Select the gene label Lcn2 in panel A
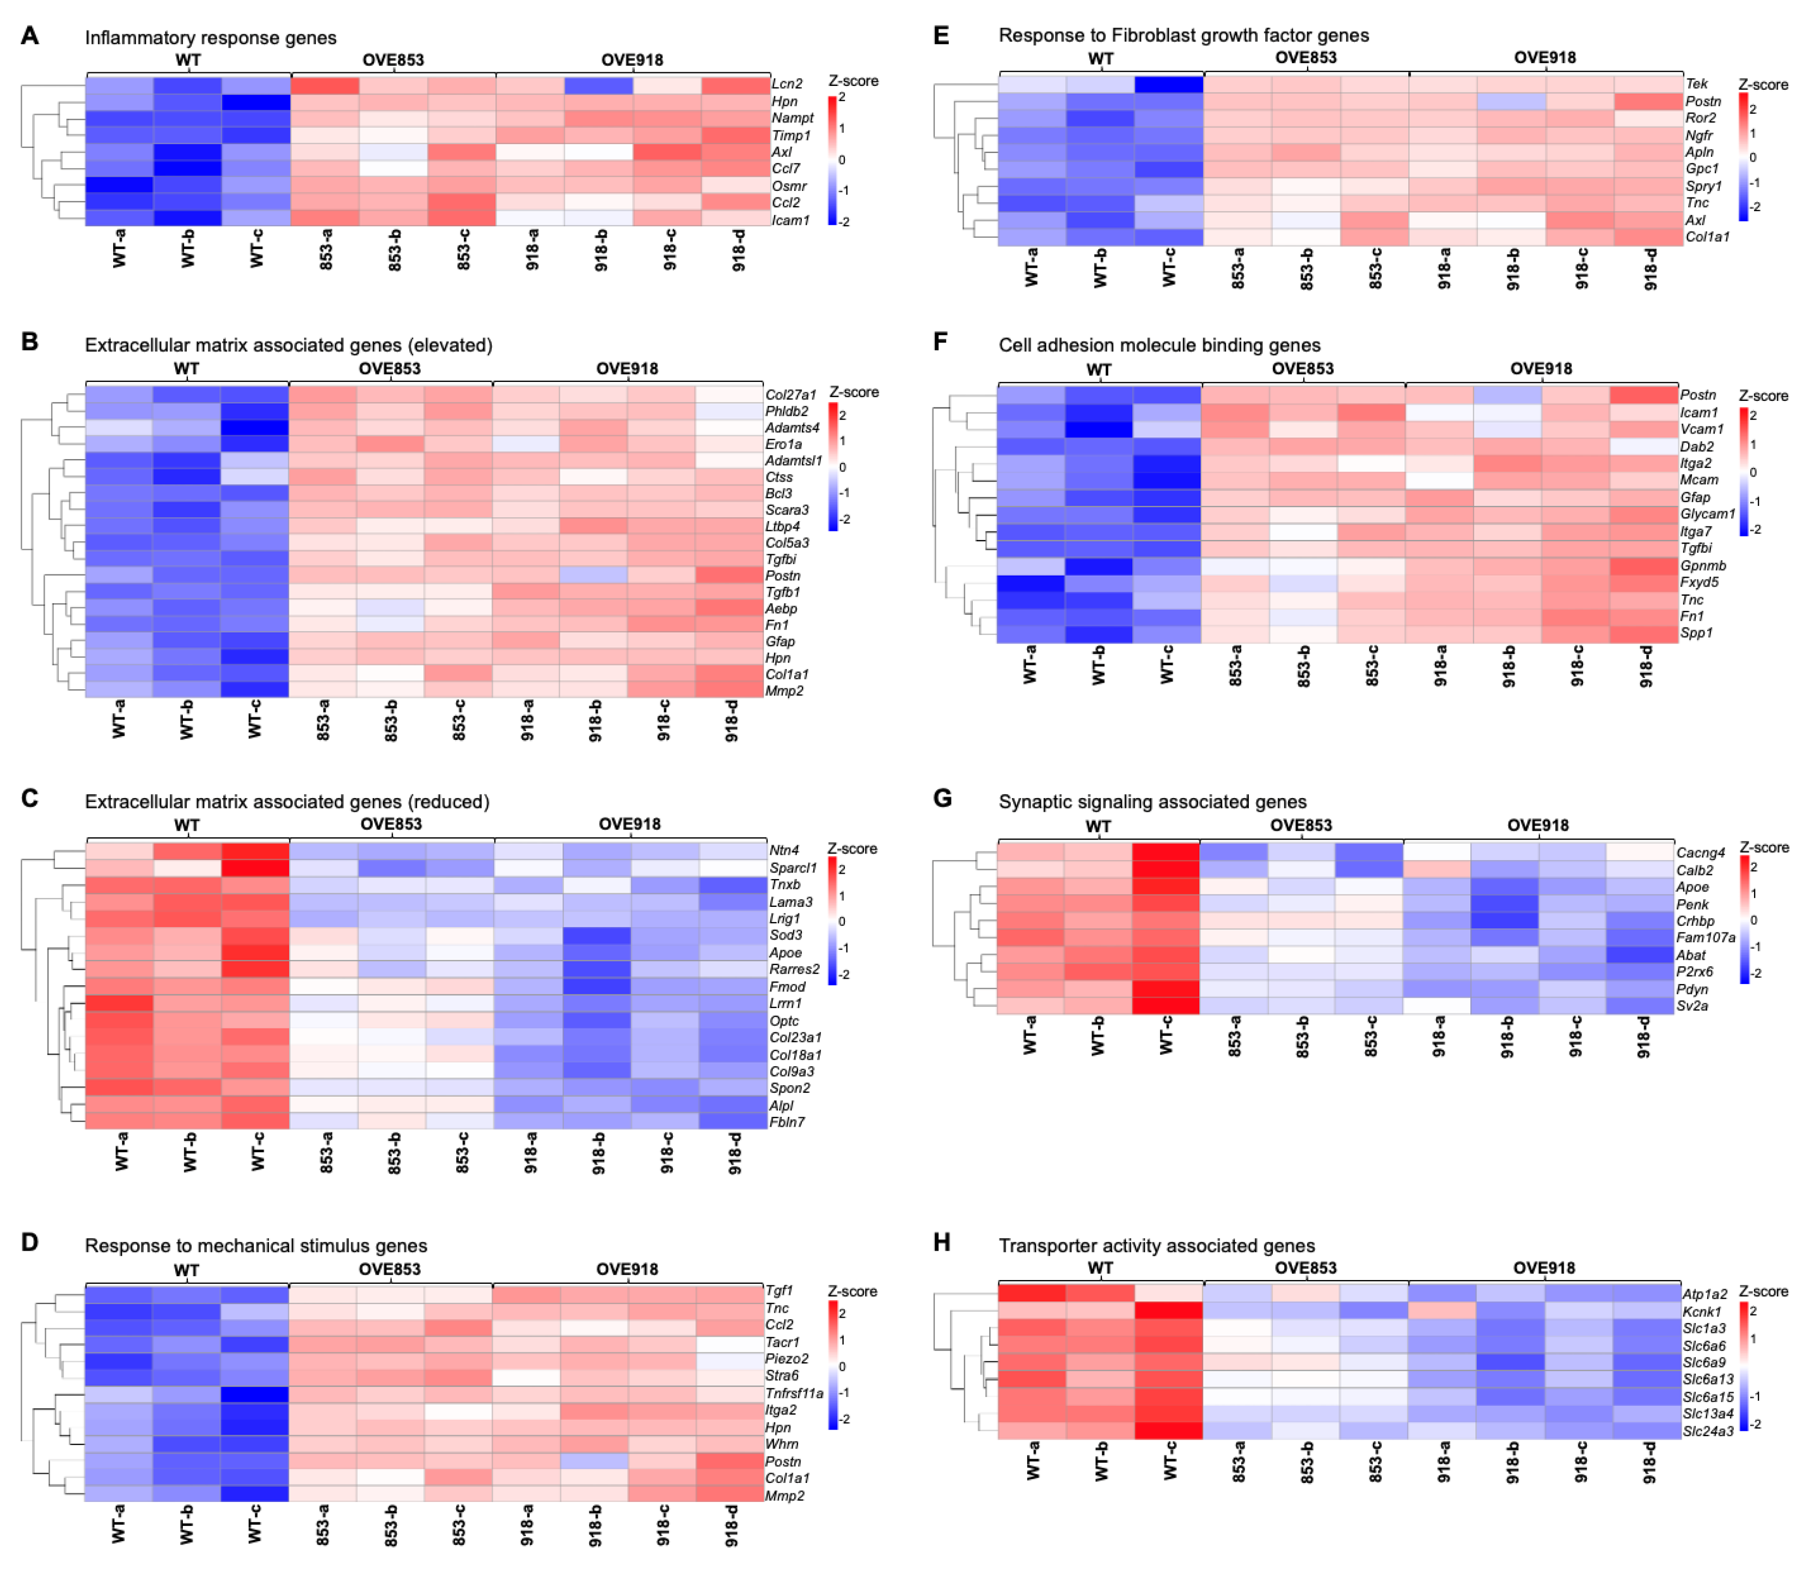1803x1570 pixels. click(786, 84)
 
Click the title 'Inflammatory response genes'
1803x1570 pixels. click(210, 38)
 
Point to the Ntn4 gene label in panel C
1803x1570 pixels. click(783, 850)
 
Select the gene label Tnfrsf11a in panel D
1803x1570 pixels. click(794, 1393)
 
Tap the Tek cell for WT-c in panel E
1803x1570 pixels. click(1168, 84)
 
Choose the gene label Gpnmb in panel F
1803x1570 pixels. click(1702, 566)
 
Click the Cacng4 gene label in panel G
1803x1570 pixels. click(1701, 852)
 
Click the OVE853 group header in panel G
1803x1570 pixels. click(1301, 825)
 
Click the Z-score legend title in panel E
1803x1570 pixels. click(1764, 85)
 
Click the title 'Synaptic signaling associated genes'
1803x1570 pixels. click(1152, 802)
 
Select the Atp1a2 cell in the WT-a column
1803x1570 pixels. click(1032, 1293)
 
